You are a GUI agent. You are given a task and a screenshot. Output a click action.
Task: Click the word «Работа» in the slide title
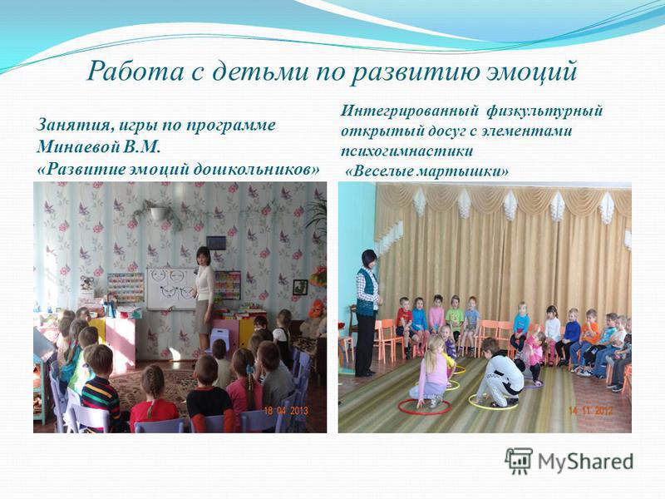point(135,71)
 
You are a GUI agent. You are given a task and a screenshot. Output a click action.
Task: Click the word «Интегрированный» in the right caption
point(410,111)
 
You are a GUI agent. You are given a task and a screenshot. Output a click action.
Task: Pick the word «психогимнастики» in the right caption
point(406,151)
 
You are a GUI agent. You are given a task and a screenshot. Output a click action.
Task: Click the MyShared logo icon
point(518,461)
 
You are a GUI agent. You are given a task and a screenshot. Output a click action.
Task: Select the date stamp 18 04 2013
point(286,411)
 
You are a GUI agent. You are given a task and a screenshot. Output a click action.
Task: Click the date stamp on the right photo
point(590,411)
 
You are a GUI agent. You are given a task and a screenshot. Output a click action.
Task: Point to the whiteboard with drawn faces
point(171,289)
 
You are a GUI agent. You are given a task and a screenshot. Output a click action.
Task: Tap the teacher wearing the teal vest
point(367,313)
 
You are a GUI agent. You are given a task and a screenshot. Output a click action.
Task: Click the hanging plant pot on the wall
point(157,212)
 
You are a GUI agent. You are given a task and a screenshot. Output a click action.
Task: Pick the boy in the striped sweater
point(99,388)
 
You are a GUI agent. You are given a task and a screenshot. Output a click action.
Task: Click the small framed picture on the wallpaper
point(300,287)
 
